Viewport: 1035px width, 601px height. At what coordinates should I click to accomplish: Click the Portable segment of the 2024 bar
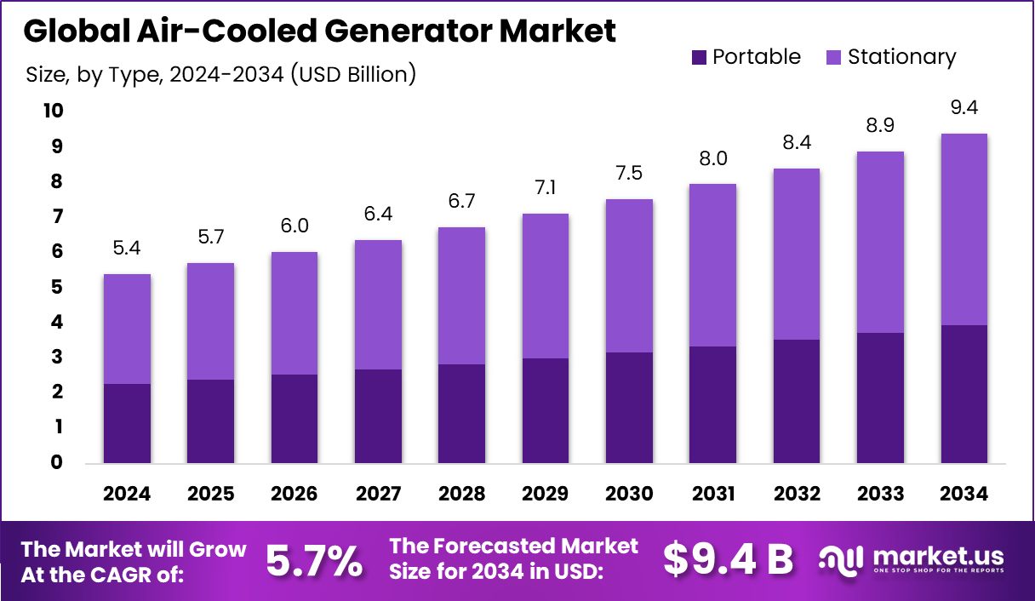point(127,423)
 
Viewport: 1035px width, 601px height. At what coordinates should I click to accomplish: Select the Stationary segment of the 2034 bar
point(964,229)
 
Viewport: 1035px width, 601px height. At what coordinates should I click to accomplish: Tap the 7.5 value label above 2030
point(629,173)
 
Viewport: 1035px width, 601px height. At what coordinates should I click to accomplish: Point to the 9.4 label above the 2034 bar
point(964,108)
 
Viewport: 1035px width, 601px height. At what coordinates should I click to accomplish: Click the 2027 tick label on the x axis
point(378,494)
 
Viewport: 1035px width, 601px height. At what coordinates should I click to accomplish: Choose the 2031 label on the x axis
point(712,494)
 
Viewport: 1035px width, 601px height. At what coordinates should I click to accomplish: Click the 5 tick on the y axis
point(55,287)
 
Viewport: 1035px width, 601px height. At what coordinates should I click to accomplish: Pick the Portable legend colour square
point(699,58)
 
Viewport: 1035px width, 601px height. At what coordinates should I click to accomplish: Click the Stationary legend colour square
point(834,58)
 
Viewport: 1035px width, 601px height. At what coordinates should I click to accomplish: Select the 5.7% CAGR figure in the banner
point(313,560)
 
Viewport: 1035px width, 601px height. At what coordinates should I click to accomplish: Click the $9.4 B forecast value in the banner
point(728,560)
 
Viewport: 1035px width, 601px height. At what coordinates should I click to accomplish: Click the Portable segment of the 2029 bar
point(545,410)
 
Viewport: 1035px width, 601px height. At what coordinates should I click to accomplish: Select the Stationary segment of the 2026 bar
point(294,313)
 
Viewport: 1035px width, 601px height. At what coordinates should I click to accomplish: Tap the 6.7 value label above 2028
point(461,201)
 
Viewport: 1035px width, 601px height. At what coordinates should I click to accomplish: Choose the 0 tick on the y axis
point(55,462)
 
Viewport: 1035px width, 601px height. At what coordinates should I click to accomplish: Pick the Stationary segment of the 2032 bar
point(796,254)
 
